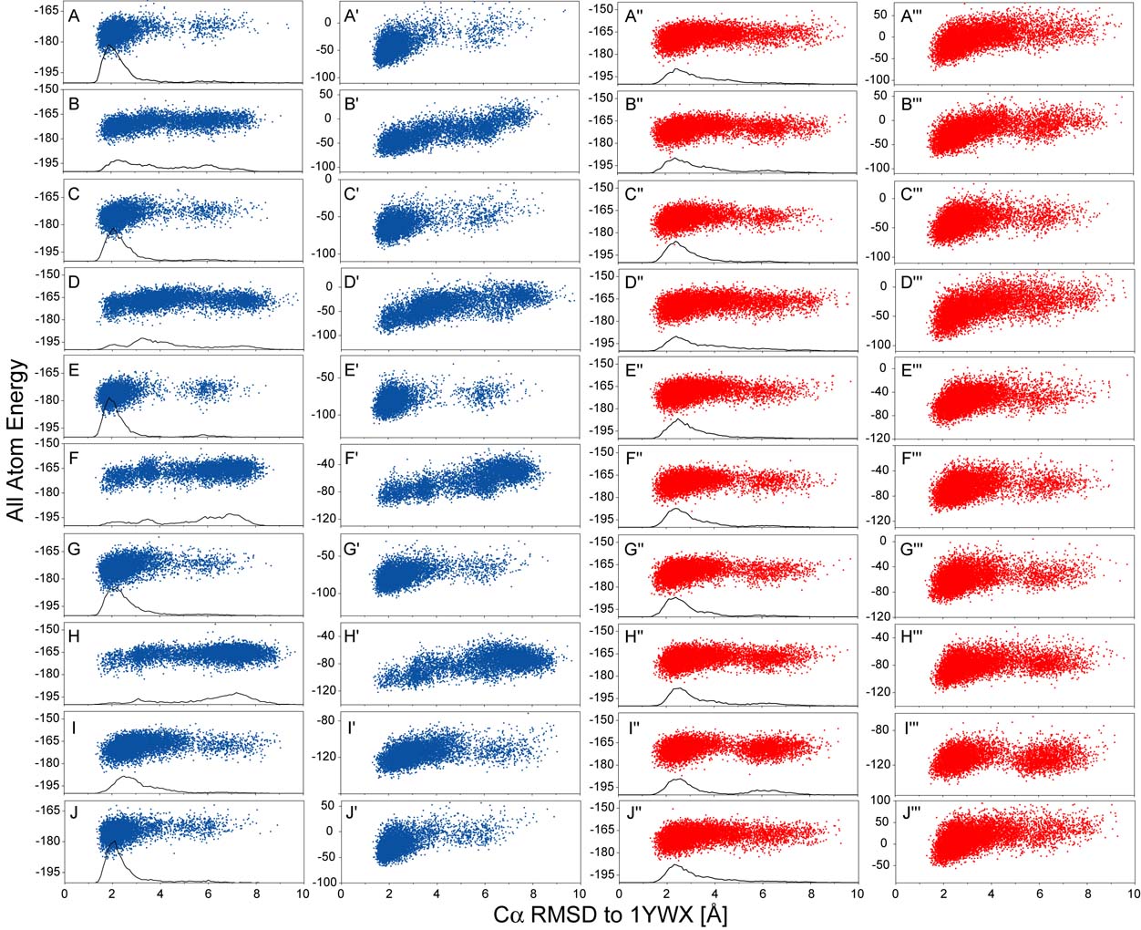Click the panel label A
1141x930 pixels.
[75, 15]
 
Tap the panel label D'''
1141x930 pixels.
[914, 283]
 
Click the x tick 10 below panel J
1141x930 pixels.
[302, 894]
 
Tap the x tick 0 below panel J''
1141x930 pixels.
[620, 894]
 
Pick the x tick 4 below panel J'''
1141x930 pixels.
[992, 894]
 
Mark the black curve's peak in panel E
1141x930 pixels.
[110, 398]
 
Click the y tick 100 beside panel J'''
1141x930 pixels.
[879, 801]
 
